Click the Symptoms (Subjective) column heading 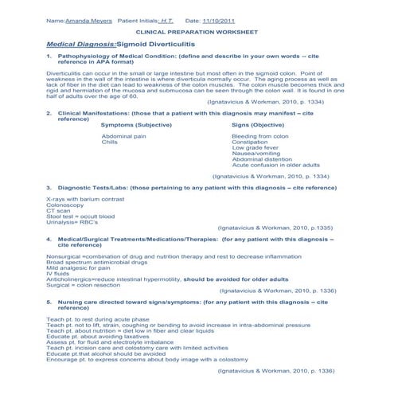[138, 125]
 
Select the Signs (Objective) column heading [259, 125]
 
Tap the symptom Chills [110, 142]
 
